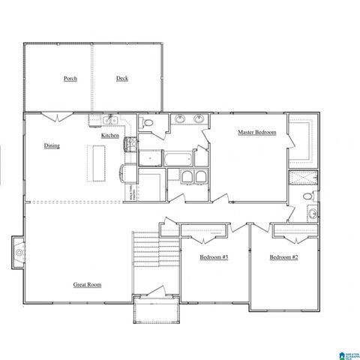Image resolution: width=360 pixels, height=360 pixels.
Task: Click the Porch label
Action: (70, 78)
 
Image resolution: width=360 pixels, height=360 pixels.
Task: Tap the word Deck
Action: (122, 78)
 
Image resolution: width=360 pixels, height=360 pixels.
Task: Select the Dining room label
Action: (52, 145)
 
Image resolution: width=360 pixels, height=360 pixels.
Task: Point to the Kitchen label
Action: (110, 135)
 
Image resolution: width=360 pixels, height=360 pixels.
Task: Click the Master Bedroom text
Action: (257, 133)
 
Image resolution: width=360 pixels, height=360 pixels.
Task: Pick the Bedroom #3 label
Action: (214, 257)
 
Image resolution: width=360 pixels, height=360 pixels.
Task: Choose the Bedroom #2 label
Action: (284, 257)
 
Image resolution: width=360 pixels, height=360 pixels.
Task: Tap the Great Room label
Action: (87, 284)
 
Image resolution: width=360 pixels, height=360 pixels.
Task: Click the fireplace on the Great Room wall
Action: (18, 253)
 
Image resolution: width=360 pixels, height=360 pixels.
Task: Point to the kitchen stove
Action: (130, 143)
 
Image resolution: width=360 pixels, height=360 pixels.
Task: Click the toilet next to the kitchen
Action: (148, 123)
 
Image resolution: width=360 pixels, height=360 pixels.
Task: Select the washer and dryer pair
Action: (193, 176)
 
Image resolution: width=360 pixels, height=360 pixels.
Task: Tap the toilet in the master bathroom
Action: (306, 196)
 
